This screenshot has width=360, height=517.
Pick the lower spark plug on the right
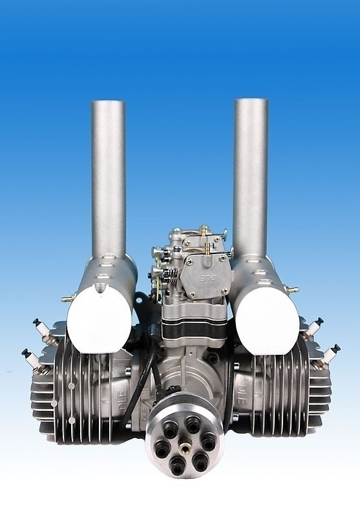point(330,353)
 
